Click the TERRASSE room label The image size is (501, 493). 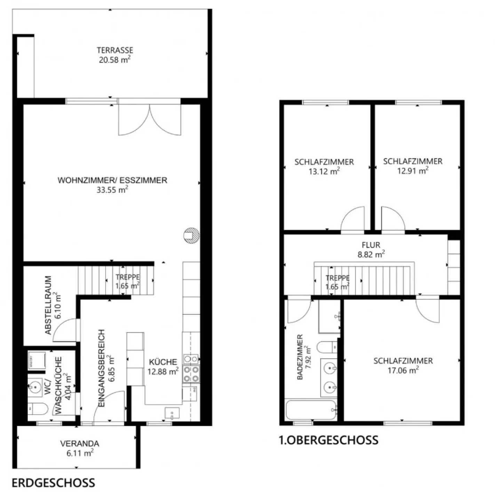point(115,50)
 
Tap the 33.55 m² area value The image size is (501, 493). point(112,190)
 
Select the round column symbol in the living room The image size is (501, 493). point(191,235)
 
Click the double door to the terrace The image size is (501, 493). point(150,118)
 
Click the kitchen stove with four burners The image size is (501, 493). point(191,374)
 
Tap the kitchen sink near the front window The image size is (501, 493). point(172,413)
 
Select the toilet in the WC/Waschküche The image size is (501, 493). point(38,409)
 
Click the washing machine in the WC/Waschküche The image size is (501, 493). point(36,359)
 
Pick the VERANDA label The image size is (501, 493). point(79,444)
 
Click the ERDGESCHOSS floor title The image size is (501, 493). point(53,483)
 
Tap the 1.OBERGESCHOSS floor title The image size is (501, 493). point(328,440)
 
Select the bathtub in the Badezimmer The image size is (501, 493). point(311,410)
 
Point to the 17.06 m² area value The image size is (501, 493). point(403,370)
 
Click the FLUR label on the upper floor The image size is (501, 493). point(371,245)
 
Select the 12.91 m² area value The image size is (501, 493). point(413,171)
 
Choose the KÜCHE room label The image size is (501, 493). point(163,362)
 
